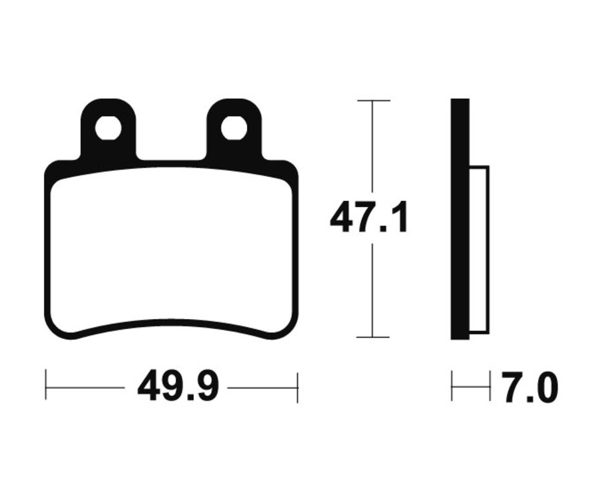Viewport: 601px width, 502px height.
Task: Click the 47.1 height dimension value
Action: click(369, 219)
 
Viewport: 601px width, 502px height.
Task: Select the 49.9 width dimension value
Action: click(178, 387)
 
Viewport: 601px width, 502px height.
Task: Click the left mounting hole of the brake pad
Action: click(108, 128)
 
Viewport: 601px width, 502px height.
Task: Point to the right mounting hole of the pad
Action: click(234, 128)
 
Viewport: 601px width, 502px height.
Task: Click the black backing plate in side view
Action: click(460, 219)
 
